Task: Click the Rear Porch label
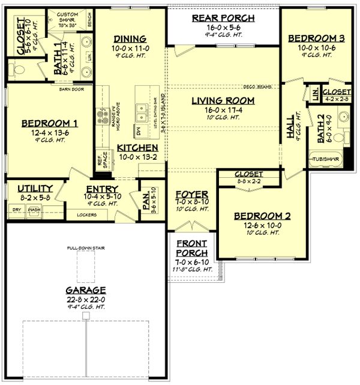223,18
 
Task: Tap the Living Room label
223,100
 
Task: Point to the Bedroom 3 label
310,38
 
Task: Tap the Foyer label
192,195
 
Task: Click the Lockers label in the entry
87,213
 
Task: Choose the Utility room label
35,188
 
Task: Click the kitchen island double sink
143,111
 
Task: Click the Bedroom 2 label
254,216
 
